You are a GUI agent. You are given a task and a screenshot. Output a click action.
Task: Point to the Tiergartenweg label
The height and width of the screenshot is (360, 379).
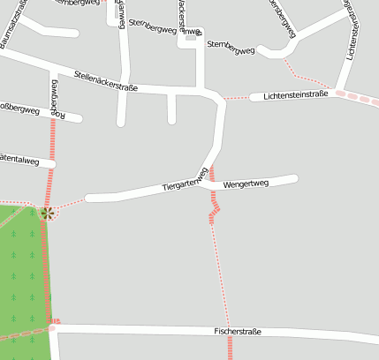tap(186, 180)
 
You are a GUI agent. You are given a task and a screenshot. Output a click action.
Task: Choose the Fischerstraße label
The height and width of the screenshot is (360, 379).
tap(237, 332)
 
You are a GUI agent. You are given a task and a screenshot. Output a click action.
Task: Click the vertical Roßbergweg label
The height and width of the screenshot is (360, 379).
tap(54, 97)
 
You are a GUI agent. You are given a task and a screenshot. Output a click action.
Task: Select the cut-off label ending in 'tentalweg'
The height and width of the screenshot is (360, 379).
tap(19, 160)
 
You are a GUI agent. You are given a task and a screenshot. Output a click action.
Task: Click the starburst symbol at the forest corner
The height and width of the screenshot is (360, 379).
tap(47, 212)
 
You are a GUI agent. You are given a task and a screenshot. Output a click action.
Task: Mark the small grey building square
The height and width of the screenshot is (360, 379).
tap(191, 35)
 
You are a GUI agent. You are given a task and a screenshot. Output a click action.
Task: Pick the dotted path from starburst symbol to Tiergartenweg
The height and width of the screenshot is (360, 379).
tap(69, 205)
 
